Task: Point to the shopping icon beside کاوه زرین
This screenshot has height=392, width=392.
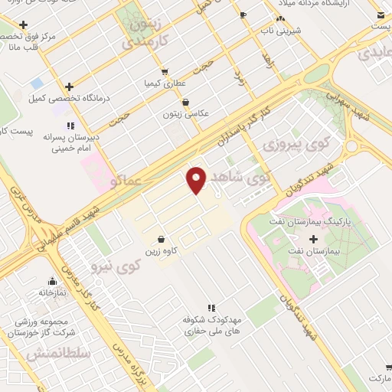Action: tap(160, 239)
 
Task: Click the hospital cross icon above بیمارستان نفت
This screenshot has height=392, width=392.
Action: tap(312, 240)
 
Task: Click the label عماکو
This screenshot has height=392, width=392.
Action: tap(125, 182)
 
